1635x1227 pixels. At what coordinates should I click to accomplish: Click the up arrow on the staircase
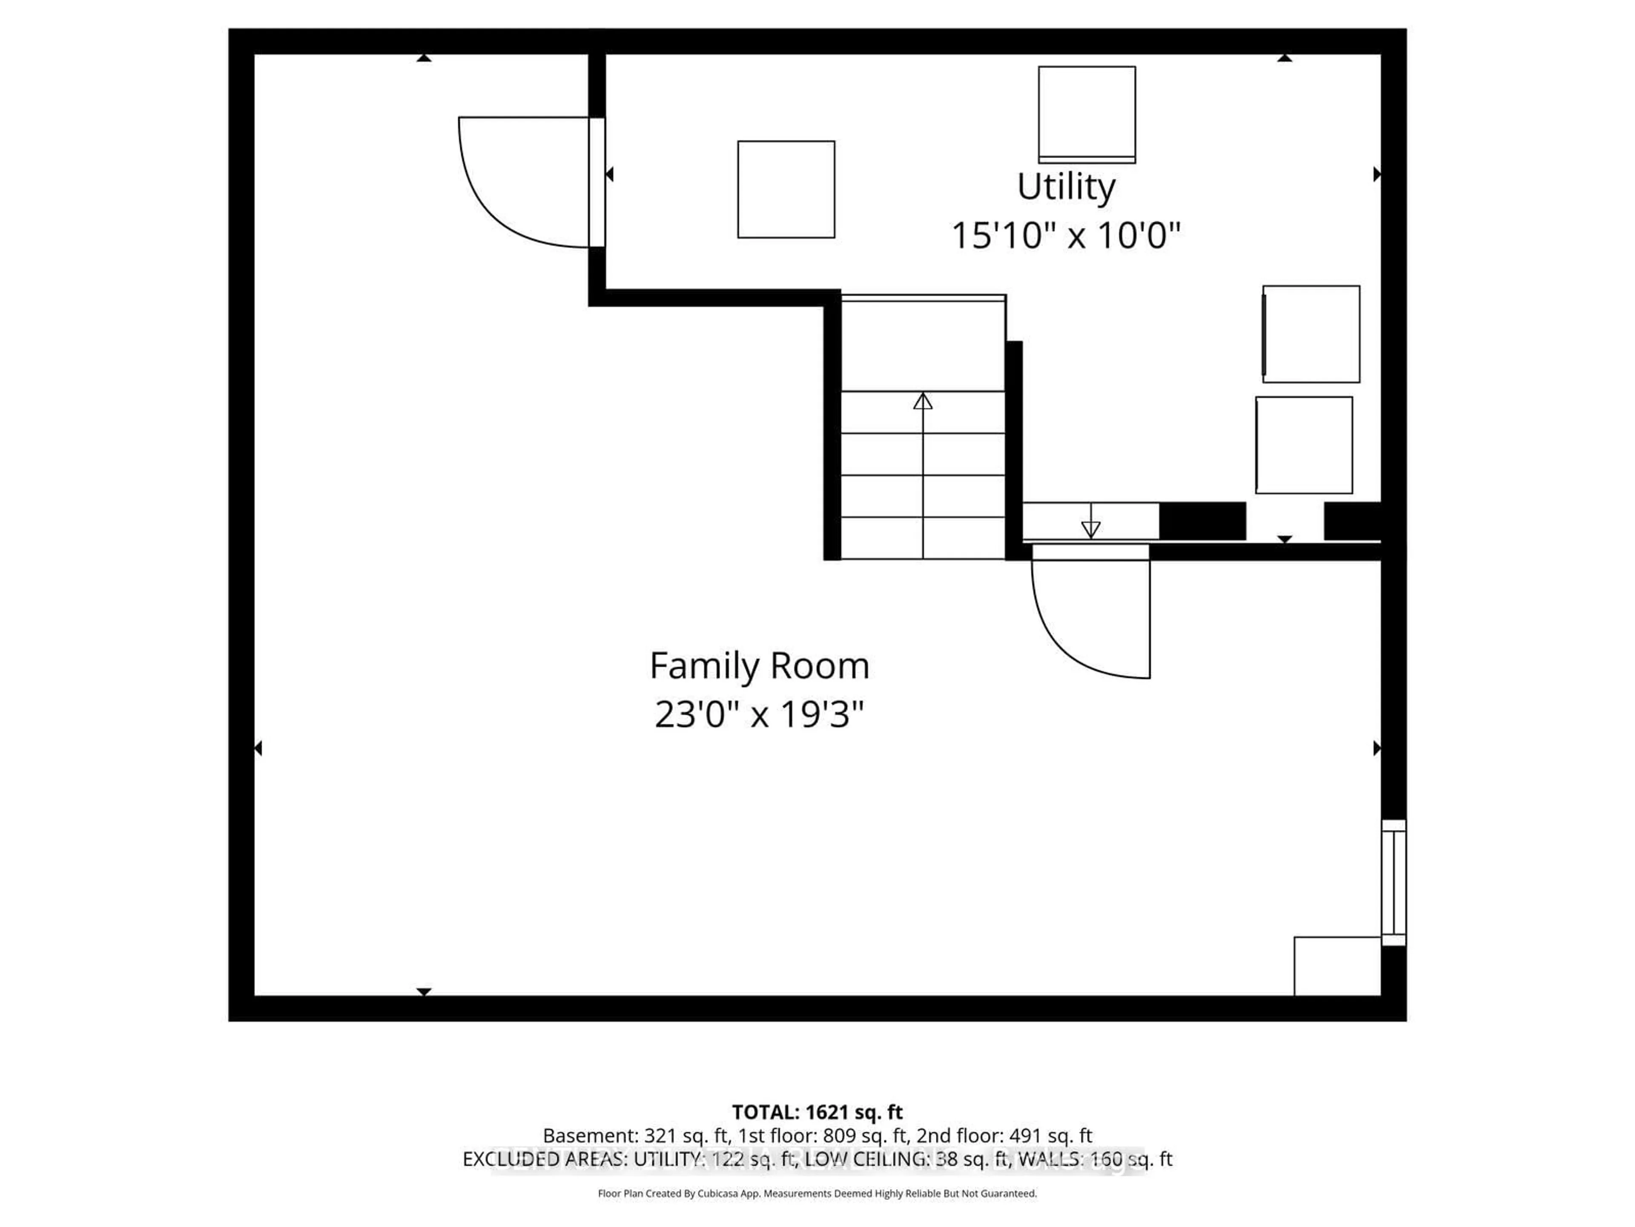pyautogui.click(x=923, y=402)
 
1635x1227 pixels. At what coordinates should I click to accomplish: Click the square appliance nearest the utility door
pyautogui.click(x=786, y=189)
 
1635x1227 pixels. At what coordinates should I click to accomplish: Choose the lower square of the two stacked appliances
pyautogui.click(x=1304, y=445)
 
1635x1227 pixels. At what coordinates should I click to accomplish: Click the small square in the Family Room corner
pyautogui.click(x=1337, y=966)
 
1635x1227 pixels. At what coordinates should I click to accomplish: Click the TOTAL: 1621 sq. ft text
pyautogui.click(x=817, y=1112)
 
